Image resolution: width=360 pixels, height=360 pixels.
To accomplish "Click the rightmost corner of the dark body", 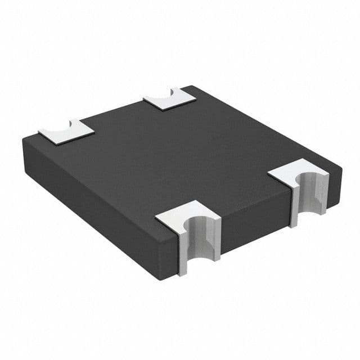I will pos(341,167).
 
